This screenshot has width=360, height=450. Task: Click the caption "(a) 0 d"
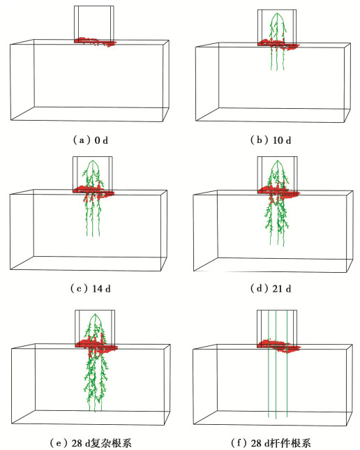point(90,140)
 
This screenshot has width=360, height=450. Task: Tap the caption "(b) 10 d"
point(271,140)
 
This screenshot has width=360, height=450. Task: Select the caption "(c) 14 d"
point(90,288)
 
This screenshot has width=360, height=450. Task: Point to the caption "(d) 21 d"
point(271,288)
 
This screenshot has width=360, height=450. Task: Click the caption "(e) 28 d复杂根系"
point(90,443)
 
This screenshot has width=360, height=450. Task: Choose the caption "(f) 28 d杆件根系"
point(271,443)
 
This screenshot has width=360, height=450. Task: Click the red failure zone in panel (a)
point(96,42)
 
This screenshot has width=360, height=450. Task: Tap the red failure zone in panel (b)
point(278,45)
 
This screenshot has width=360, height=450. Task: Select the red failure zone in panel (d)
point(278,192)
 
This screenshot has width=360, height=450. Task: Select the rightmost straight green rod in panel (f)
point(287,363)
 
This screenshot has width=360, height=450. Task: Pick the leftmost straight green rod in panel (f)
point(269,363)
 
